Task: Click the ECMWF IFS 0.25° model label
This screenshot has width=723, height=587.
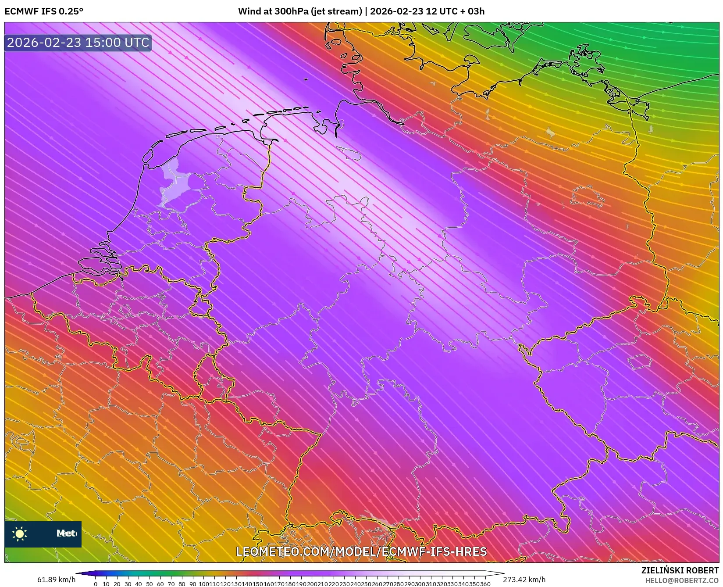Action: (x=43, y=11)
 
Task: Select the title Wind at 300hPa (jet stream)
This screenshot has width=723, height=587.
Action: (x=301, y=11)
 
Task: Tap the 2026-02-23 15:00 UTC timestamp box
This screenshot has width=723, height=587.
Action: (x=78, y=43)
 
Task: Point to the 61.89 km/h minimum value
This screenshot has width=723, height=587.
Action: (x=56, y=580)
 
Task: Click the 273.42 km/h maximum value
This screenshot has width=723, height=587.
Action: (x=524, y=580)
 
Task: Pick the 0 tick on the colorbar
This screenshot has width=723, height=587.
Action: (x=96, y=584)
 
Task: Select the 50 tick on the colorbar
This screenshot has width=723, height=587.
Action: (x=150, y=584)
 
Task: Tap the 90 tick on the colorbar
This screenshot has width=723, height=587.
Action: (x=193, y=584)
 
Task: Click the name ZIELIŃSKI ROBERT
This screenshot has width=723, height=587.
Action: (x=680, y=570)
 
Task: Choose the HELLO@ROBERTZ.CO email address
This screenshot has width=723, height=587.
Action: (x=682, y=580)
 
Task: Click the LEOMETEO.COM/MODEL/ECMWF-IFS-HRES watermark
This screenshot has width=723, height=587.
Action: (x=361, y=551)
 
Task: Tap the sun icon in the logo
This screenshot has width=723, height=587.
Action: (x=20, y=533)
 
